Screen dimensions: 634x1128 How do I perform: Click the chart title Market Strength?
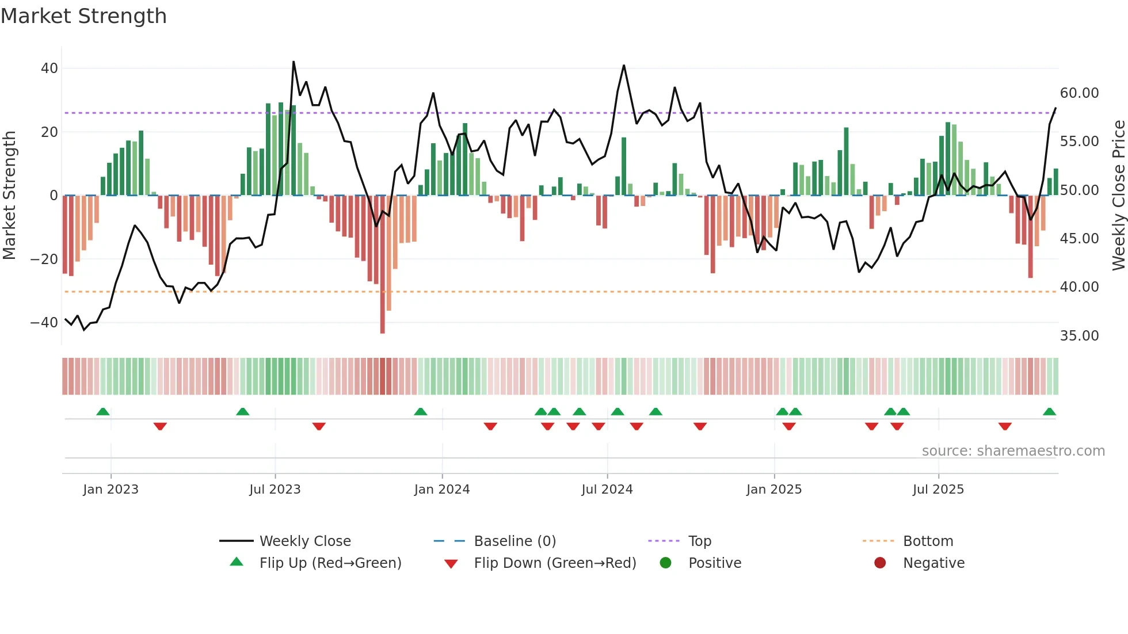(83, 16)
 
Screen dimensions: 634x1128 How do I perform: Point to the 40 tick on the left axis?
(49, 68)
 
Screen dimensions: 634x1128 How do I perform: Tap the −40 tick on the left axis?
(44, 323)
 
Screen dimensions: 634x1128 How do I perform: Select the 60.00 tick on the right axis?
(1079, 93)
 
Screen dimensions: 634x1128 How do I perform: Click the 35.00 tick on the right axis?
(1079, 336)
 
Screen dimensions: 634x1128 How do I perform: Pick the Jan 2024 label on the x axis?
(441, 490)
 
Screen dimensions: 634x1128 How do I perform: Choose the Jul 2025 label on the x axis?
(938, 490)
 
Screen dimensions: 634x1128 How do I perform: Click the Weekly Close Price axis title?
(1118, 196)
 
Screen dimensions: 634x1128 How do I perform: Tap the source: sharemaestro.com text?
(1013, 451)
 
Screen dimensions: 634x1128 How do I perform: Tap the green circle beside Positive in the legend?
(666, 563)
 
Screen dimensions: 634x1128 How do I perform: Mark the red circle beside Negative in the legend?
(880, 563)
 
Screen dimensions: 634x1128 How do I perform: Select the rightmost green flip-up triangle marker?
(1049, 412)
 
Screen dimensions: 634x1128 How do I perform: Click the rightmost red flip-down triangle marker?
(1005, 426)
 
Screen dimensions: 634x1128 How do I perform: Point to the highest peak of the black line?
(294, 62)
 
